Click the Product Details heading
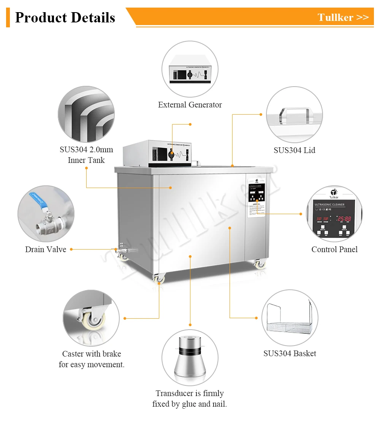pos(65,17)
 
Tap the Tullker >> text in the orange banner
pos(343,17)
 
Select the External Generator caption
pos(190,105)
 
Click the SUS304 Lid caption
pos(294,150)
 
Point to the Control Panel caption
pos(334,249)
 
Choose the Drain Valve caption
pos(46,249)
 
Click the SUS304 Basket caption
pos(290,354)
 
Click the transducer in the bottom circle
pos(190,357)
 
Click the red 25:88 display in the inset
pos(344,219)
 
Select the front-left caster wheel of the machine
pos(159,279)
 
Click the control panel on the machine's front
pos(256,196)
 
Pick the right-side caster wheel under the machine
pos(260,264)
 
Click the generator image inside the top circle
pos(190,69)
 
